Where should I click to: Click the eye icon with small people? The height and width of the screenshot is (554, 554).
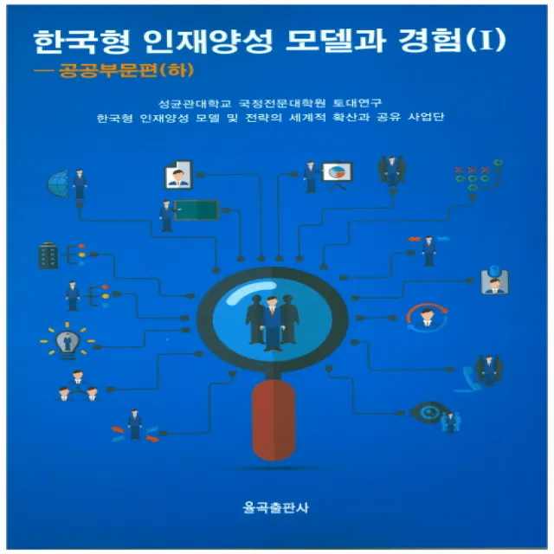point(429,412)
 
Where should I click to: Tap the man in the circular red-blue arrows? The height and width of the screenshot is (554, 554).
point(425,318)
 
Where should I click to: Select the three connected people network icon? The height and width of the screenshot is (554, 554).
point(77,384)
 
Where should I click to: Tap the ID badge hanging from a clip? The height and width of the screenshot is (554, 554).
point(494,280)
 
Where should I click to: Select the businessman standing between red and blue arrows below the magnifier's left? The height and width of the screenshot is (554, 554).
point(134,424)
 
